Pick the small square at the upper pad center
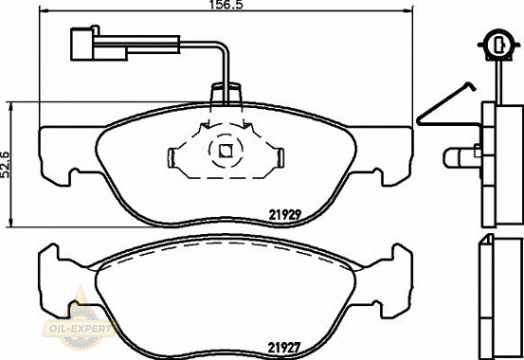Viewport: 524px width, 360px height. (225, 148)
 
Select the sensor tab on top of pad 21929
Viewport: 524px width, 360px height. (225, 94)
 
